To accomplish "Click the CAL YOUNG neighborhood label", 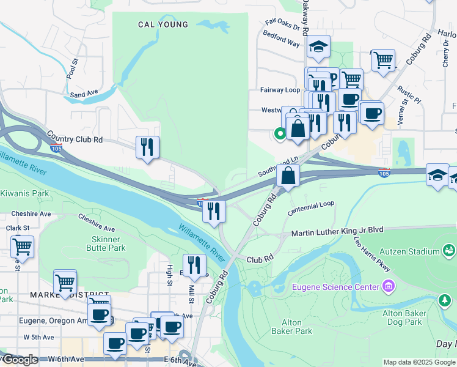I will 163,25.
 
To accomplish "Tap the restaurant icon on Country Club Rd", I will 147,147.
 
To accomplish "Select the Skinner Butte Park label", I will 109,243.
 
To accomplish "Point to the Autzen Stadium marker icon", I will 450,250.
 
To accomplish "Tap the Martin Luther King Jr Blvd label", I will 337,232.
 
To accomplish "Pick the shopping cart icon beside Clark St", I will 22,247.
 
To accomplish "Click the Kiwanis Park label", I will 24,193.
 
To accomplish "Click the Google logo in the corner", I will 20,360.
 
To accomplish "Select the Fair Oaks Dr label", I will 283,25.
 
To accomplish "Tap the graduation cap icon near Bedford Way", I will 317,46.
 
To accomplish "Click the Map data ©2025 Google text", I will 420,362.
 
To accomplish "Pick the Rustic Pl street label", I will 409,93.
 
